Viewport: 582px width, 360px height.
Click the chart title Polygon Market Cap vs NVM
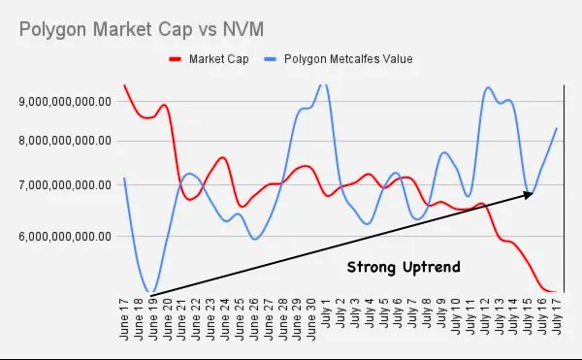pos(142,29)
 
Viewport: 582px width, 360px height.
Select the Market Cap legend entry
pos(209,59)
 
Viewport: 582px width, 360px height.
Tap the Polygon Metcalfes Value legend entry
pos(339,59)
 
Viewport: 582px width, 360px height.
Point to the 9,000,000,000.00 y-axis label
pos(65,101)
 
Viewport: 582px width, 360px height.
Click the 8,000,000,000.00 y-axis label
pos(65,141)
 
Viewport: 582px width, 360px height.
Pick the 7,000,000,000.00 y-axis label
pos(65,184)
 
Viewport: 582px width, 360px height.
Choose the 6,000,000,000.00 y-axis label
pos(65,236)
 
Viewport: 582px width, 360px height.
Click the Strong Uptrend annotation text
pos(404,267)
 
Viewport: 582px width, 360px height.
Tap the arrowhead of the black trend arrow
pos(529,194)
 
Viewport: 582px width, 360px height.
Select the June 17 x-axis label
pos(124,319)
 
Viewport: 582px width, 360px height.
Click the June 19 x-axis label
pos(152,319)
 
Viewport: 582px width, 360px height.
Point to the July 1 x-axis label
pos(326,312)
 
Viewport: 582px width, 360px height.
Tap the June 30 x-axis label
pos(311,319)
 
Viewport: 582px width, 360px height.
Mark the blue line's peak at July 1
pos(324,85)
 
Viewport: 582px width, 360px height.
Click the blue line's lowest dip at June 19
pos(151,292)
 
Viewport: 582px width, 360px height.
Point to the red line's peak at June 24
pos(223,157)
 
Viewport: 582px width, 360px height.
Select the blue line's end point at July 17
pos(557,128)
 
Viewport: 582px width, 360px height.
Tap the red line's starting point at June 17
pos(124,85)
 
